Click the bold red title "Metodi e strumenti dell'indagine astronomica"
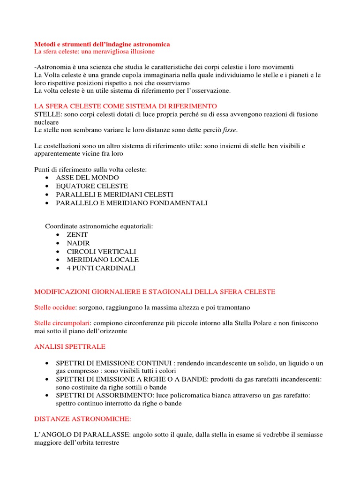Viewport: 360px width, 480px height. (x=102, y=44)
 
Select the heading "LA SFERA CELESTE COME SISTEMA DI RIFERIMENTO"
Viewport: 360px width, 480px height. (x=126, y=106)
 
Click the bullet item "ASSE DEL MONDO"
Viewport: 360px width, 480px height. (x=87, y=178)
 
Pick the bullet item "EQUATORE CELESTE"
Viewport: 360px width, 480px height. (x=92, y=186)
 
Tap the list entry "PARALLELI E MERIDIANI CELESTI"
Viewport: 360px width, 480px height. (x=114, y=195)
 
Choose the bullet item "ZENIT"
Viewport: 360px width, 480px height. (x=77, y=234)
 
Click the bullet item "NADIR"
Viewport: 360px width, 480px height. (x=78, y=243)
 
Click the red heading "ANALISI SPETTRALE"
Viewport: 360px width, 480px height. (x=70, y=347)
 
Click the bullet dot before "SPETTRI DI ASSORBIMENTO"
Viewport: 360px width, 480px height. (x=48, y=395)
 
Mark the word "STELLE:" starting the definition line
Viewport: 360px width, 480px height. (x=48, y=114)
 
